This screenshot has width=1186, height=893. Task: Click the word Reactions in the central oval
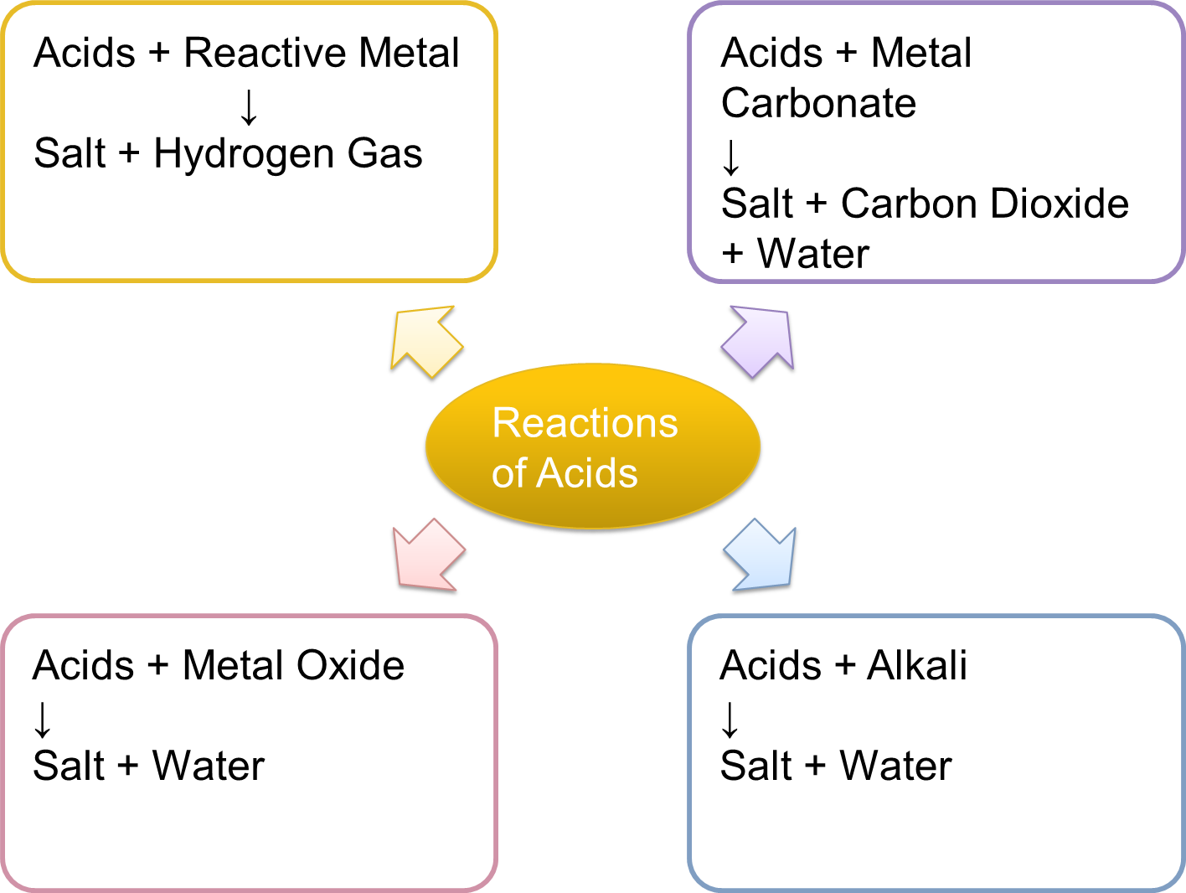coord(585,422)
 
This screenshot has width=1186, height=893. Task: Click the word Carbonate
coord(818,104)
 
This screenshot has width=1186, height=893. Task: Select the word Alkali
coord(917,666)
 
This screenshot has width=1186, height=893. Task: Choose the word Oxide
coord(350,666)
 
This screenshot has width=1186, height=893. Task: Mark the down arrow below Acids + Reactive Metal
coord(249,106)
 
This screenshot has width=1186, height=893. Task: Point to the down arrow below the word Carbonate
coord(731,157)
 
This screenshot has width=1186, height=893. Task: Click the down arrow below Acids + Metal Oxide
coord(43,719)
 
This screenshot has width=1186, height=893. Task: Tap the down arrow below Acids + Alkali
coord(730,719)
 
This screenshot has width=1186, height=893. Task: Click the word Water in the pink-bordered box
coord(208,766)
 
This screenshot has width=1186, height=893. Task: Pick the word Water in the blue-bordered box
coord(895,766)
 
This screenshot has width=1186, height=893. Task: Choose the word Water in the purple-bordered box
coord(812,254)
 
